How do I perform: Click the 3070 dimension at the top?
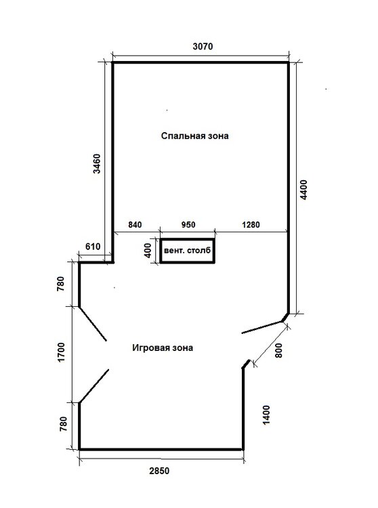tap(203, 47)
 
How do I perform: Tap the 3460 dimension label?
tap(97, 164)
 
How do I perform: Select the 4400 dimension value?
tap(304, 190)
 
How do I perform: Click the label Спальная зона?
tap(194, 135)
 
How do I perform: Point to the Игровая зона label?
tap(163, 348)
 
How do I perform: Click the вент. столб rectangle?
tap(188, 251)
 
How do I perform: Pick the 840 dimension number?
tap(135, 224)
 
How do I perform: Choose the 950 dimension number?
tap(188, 224)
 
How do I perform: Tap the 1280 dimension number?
tap(251, 224)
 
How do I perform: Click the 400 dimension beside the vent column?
tap(148, 251)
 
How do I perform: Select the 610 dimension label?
tap(93, 247)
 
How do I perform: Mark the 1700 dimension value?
tap(61, 352)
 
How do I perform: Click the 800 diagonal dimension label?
tap(278, 350)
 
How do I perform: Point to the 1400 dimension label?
tap(266, 415)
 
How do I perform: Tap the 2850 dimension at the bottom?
tap(159, 471)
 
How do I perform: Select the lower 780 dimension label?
tap(64, 424)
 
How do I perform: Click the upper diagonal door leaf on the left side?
tap(93, 324)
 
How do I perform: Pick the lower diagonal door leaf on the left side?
tap(93, 386)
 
